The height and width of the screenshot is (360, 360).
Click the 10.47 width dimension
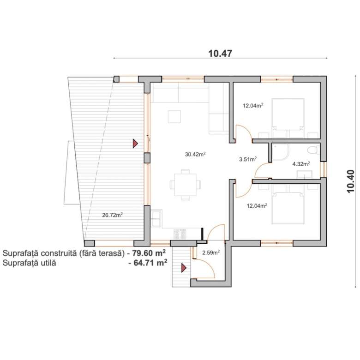[x=220, y=54]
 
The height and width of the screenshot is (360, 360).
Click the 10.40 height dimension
[x=351, y=181]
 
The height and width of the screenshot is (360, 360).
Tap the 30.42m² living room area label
[x=195, y=154]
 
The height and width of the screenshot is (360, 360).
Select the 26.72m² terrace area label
[x=112, y=215]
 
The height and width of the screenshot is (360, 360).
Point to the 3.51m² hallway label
[x=248, y=159]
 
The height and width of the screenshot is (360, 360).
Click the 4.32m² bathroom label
[x=301, y=164]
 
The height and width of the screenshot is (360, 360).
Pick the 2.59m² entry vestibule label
[x=211, y=253]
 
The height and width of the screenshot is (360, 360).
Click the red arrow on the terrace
[x=135, y=144]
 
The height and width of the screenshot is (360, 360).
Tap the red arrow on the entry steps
[x=184, y=268]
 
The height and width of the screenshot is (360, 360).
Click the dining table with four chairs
[x=185, y=185]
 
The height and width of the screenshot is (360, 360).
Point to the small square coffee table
[x=174, y=117]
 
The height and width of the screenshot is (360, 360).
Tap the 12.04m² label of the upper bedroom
[x=253, y=106]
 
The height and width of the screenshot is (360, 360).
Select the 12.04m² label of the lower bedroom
[x=257, y=205]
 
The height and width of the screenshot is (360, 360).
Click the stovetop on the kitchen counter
[x=180, y=234]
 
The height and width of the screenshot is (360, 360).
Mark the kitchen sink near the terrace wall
[x=156, y=218]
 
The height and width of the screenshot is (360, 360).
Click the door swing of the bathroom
[x=262, y=170]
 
